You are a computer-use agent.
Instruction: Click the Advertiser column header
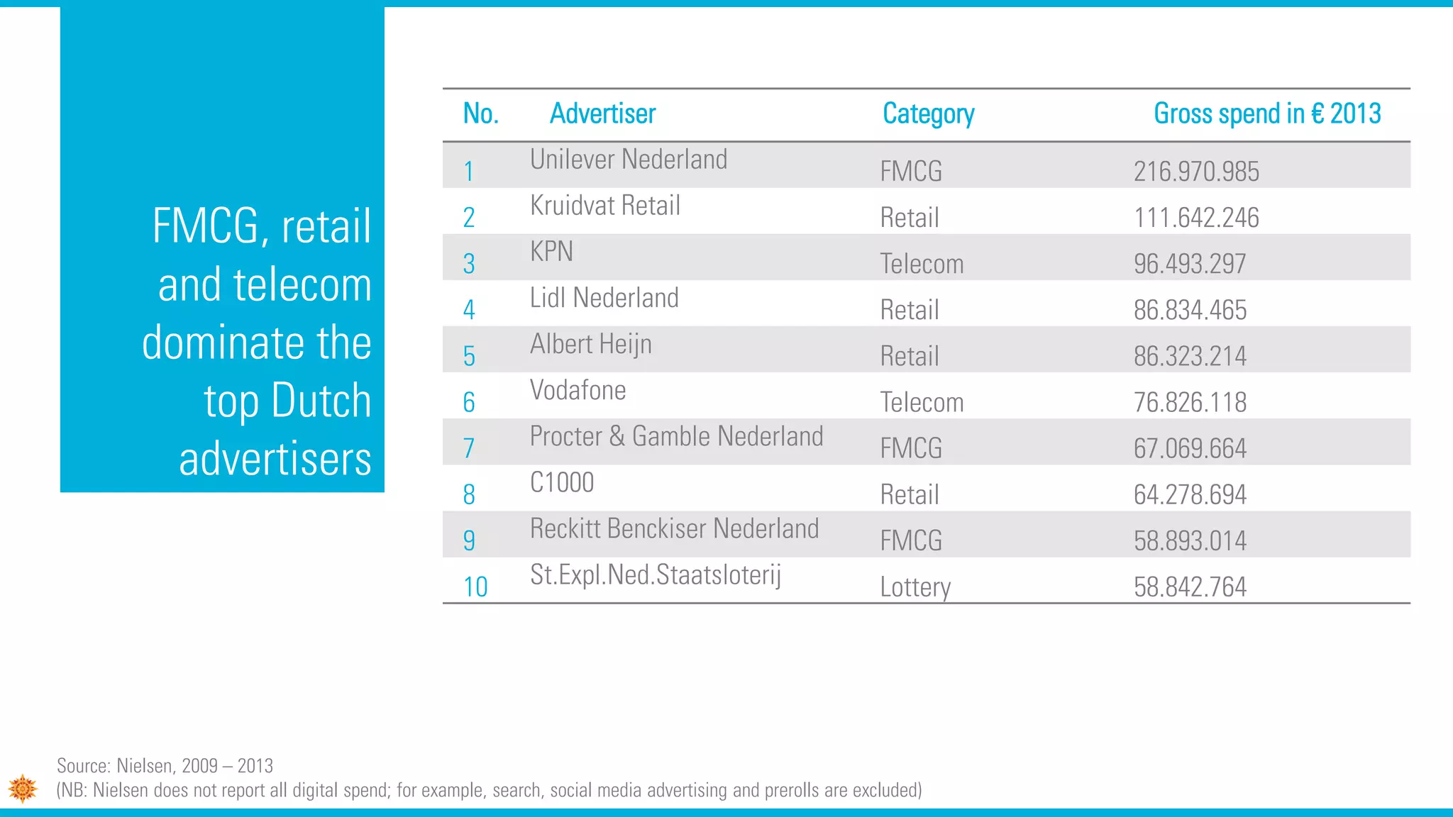tap(602, 113)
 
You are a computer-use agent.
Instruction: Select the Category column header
tap(928, 114)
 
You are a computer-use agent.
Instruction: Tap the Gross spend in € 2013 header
tap(1267, 113)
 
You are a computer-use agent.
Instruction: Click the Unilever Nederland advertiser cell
tap(629, 160)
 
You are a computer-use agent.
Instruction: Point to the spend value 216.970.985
tap(1196, 172)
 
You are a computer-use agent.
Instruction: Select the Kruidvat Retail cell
tap(605, 206)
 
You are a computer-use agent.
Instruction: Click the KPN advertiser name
tap(551, 252)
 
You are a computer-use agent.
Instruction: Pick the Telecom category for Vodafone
tap(922, 403)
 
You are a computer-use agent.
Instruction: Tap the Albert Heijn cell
tap(590, 345)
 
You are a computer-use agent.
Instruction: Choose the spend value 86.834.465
tap(1190, 310)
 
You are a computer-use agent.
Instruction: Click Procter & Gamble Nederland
tap(676, 436)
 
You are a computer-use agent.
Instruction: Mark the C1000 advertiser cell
tap(562, 483)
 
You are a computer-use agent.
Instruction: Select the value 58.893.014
tap(1190, 541)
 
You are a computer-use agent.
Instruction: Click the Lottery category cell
tap(915, 587)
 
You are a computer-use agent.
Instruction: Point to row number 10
tap(475, 587)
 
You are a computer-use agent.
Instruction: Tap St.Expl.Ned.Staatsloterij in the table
tap(655, 575)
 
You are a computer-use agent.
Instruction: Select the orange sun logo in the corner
tap(23, 788)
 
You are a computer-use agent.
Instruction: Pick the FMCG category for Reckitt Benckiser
tap(911, 541)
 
